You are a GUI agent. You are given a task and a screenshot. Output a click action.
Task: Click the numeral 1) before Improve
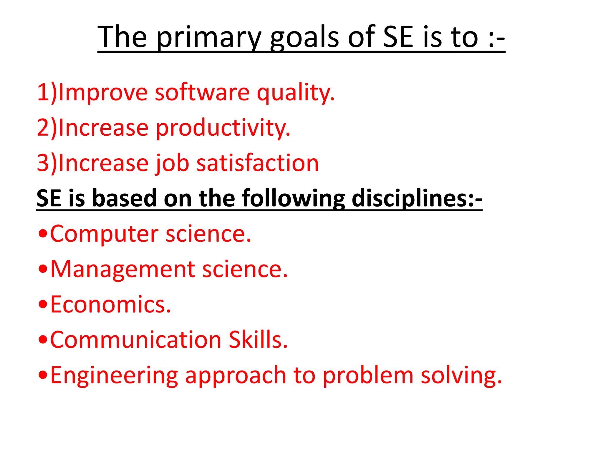click(47, 92)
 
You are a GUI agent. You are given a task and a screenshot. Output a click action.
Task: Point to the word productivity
click(223, 128)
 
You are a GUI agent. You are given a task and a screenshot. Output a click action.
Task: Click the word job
click(172, 164)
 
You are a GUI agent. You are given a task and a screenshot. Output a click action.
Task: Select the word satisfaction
click(257, 164)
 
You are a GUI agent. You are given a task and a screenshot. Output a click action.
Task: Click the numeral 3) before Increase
click(47, 164)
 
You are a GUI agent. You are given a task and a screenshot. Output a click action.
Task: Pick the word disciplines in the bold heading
click(417, 198)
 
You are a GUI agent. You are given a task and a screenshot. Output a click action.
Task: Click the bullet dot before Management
click(43, 269)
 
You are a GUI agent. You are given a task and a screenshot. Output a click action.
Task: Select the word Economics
click(110, 305)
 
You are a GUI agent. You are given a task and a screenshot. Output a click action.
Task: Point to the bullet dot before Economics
click(43, 304)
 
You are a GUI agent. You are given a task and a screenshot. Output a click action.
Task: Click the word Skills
click(258, 340)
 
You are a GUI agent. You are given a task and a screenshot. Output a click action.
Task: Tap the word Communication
click(135, 340)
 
